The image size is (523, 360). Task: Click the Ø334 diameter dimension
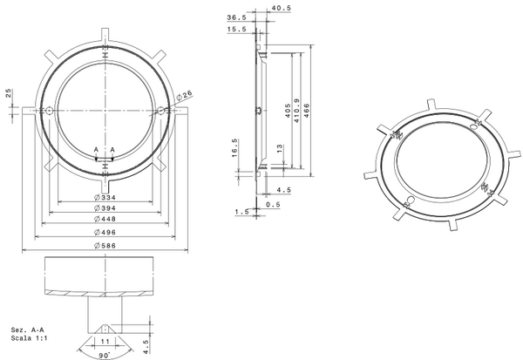tap(105, 198)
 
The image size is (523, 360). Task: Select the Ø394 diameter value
tap(105, 209)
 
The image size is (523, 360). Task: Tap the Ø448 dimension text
tap(105, 221)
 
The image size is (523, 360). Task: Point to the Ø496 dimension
tap(105, 234)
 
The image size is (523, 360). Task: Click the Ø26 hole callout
tap(184, 95)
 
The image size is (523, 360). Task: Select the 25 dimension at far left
tap(9, 92)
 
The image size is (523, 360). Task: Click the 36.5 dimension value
tap(236, 17)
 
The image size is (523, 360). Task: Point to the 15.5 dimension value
tap(236, 30)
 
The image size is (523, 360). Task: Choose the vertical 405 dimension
tap(288, 111)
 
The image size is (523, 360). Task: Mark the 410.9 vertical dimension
tap(299, 111)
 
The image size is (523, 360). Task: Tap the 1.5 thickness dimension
tap(241, 212)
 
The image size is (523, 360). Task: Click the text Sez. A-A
tap(24, 330)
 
